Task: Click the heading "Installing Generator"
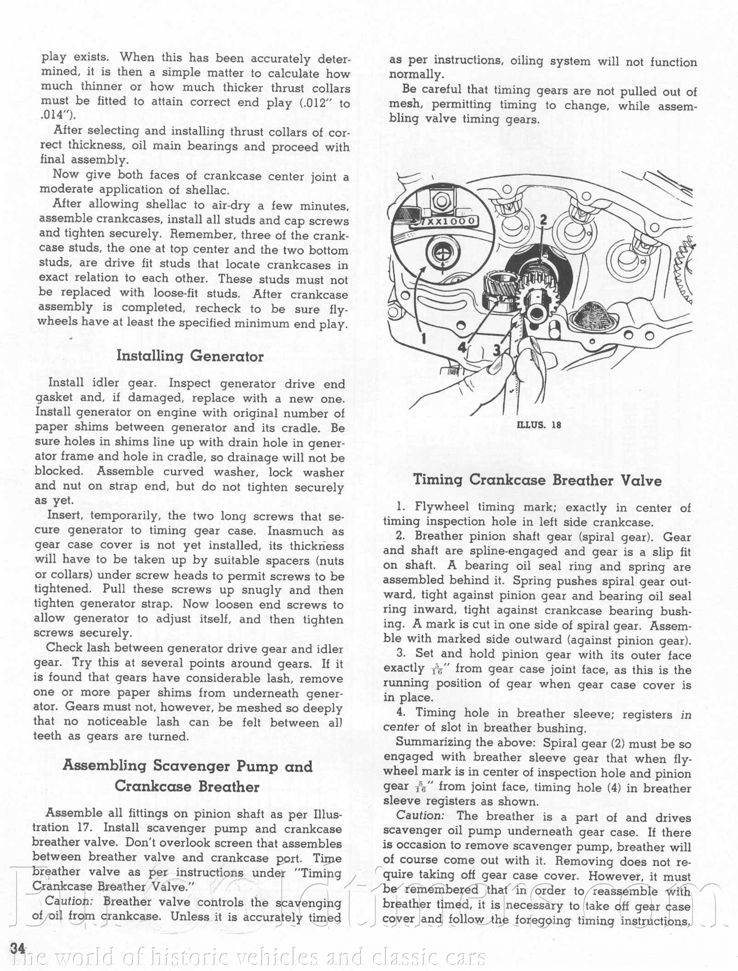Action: [190, 356]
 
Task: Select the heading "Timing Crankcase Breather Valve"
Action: [537, 480]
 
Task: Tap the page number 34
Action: [17, 948]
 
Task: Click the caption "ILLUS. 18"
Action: [539, 425]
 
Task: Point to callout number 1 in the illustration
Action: [424, 339]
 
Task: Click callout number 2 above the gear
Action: [544, 220]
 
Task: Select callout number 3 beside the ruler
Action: [497, 350]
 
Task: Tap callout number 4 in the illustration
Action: [462, 348]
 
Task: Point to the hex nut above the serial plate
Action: [441, 201]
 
